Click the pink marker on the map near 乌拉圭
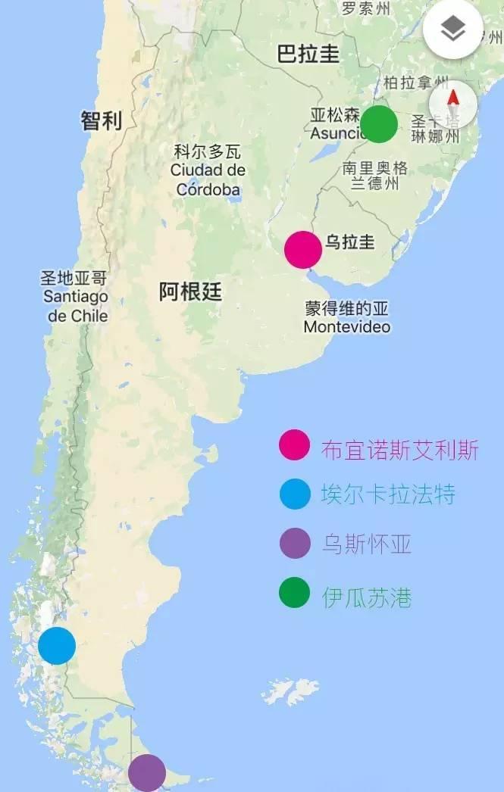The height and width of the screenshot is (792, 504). tap(302, 250)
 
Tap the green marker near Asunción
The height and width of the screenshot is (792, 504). tap(379, 124)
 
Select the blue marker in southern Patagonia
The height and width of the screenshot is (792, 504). tap(57, 646)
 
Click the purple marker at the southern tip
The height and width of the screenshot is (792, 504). tap(146, 773)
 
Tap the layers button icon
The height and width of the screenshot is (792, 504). tap(453, 30)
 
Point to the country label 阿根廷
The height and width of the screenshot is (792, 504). tap(190, 292)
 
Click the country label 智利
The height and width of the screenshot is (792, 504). tap(102, 120)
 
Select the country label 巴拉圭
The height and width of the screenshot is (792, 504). tap(308, 55)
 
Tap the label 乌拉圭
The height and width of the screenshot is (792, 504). tap(349, 242)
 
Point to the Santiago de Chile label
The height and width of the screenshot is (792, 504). tap(75, 297)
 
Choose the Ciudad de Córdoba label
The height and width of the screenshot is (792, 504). tap(208, 170)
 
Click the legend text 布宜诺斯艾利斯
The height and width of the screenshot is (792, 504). tap(400, 450)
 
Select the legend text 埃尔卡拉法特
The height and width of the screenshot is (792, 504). tap(389, 495)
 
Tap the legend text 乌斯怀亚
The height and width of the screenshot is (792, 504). tap(367, 544)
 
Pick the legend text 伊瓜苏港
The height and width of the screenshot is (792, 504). tap(367, 597)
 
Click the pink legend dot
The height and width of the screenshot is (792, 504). tap(294, 445)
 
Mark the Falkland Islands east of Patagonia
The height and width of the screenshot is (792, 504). tap(291, 690)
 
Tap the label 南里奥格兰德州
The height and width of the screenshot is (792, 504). tap(375, 175)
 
